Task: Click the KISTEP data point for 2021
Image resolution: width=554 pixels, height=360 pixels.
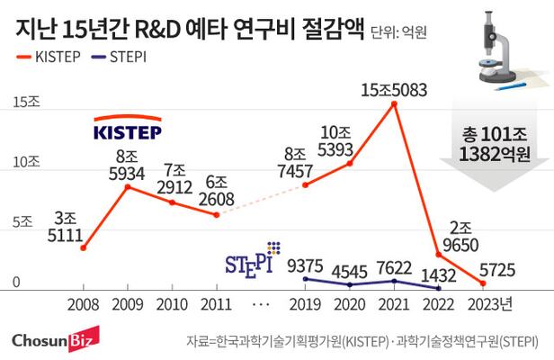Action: [x=394, y=104]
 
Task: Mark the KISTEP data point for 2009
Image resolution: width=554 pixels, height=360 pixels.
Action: [x=129, y=186]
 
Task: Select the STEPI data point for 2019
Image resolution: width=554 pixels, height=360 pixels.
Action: [x=306, y=279]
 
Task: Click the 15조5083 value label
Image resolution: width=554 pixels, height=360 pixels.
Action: [x=394, y=90]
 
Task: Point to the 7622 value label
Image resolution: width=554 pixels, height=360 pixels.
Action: [x=394, y=266]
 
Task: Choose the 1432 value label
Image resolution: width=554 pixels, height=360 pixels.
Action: [x=438, y=274]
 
